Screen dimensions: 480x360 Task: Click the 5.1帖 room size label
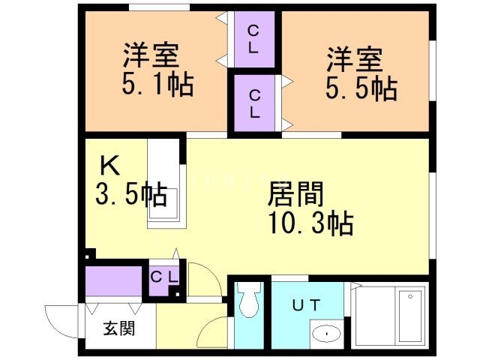tap(157, 84)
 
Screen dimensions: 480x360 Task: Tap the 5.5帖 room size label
tap(361, 88)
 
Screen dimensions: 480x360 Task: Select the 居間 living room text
tap(295, 194)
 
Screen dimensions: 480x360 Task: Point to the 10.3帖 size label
tap(311, 223)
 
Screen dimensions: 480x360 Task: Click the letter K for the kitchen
tap(110, 166)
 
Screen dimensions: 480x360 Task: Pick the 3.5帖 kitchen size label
tap(132, 194)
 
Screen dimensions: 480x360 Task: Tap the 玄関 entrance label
tap(119, 328)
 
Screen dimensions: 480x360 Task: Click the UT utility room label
tap(306, 305)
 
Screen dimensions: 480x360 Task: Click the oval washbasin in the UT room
tap(327, 334)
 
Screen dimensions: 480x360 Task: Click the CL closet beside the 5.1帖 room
tap(254, 39)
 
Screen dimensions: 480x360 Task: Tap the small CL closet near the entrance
tap(164, 277)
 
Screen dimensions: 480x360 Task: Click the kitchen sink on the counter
tap(163, 203)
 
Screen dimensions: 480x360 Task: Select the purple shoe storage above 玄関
tap(113, 281)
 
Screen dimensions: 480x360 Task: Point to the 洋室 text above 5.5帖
tap(355, 60)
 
